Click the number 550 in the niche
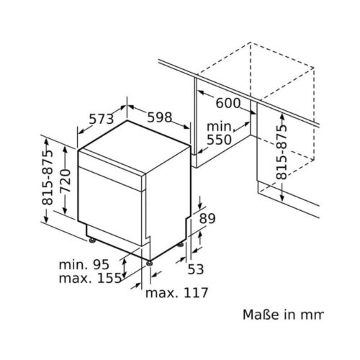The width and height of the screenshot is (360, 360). (x=220, y=140)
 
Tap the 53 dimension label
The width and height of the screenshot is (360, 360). (x=197, y=269)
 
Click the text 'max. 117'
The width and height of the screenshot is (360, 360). (x=176, y=293)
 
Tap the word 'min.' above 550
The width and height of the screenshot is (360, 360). (x=220, y=125)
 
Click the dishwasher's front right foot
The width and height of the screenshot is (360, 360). (x=148, y=262)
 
